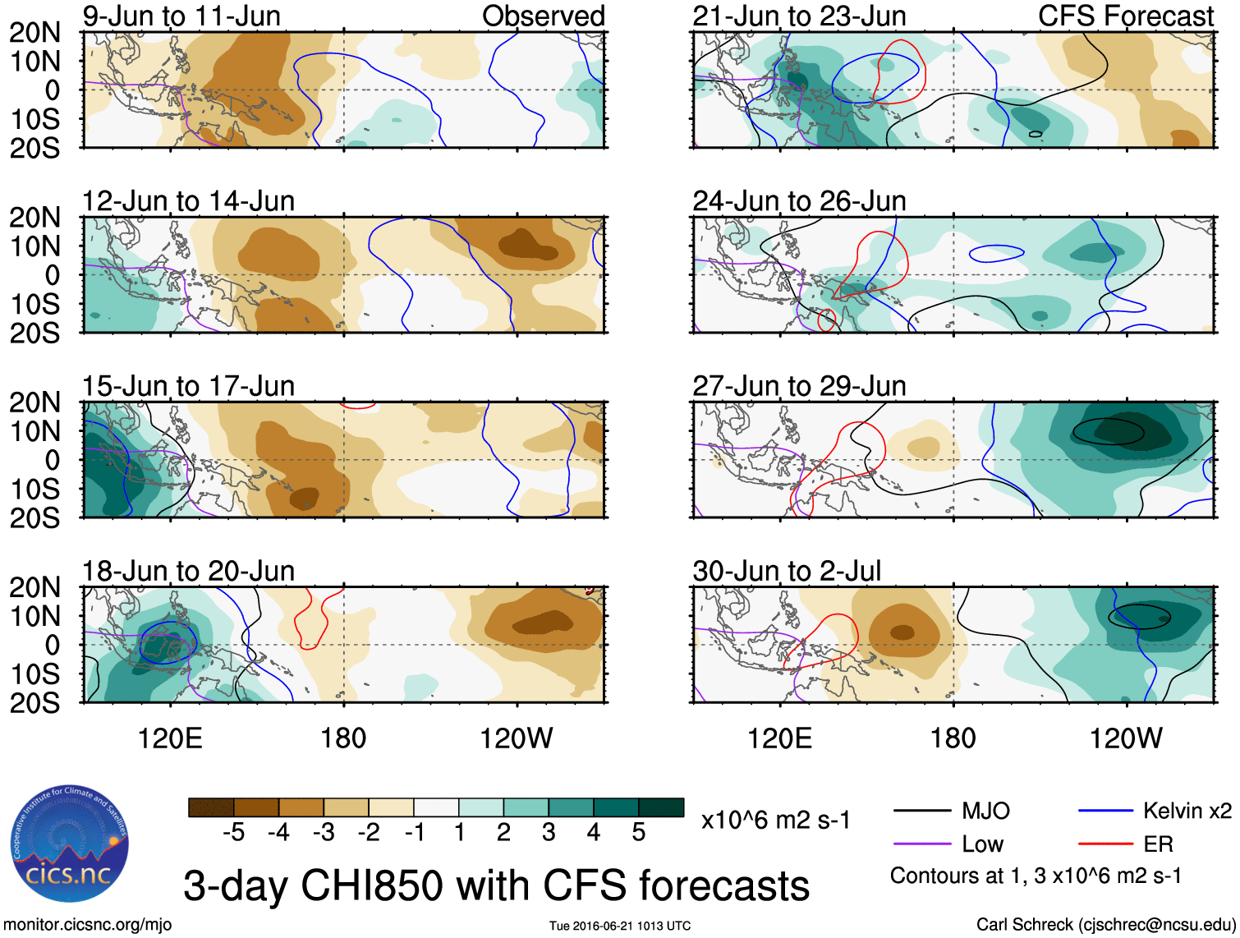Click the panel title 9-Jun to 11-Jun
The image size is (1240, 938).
[x=181, y=16]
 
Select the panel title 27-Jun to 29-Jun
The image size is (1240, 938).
[x=799, y=386]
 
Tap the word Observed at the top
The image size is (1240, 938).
[x=543, y=16]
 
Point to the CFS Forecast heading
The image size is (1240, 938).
[x=1125, y=16]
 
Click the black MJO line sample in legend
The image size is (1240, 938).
[x=921, y=812]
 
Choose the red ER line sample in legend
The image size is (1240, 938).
[x=1105, y=844]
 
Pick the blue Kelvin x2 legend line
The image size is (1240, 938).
[x=1105, y=812]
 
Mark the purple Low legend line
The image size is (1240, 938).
[x=921, y=844]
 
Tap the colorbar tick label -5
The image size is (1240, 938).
[x=234, y=833]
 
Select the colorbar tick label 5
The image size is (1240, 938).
[x=639, y=833]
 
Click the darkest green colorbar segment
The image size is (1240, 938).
[x=661, y=807]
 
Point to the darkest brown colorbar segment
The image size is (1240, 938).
[x=211, y=807]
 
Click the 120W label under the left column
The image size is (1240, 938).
[x=517, y=738]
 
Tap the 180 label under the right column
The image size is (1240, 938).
[x=953, y=738]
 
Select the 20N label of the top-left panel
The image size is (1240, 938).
[x=35, y=33]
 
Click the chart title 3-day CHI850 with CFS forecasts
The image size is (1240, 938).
[x=496, y=885]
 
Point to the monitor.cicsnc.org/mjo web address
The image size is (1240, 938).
[x=88, y=925]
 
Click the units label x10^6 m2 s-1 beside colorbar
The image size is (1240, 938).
[x=776, y=820]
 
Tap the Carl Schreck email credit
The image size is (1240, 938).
[x=1105, y=925]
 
